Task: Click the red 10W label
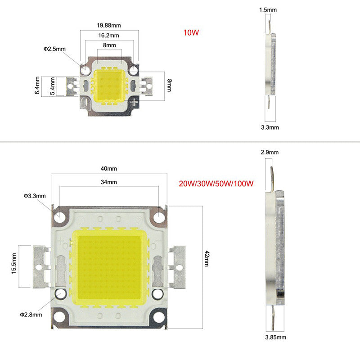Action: pyautogui.click(x=191, y=32)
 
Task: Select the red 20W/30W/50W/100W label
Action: pyautogui.click(x=217, y=184)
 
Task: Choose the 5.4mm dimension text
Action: pyautogui.click(x=53, y=85)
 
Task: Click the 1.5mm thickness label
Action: pyautogui.click(x=268, y=9)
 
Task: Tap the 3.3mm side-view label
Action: pyautogui.click(x=270, y=127)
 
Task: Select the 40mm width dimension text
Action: pyautogui.click(x=109, y=169)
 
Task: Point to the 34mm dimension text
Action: pyautogui.click(x=109, y=182)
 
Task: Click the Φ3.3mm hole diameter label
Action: pyautogui.click(x=35, y=196)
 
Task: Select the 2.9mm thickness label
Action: pyautogui.click(x=270, y=152)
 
